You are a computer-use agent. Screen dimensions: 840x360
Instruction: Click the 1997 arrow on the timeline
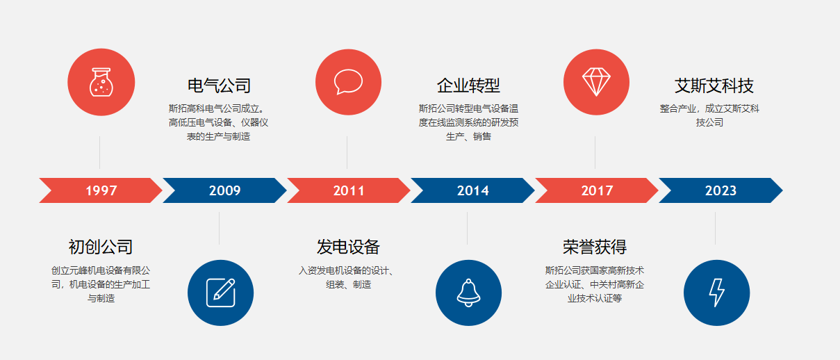click(101, 190)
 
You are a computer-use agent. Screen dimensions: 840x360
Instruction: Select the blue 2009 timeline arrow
click(224, 190)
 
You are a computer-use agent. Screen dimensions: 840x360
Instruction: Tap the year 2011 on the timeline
click(349, 190)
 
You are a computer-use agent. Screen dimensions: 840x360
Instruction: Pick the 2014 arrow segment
click(472, 190)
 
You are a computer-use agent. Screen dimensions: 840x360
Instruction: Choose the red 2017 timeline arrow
click(597, 190)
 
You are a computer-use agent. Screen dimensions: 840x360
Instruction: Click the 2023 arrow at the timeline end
click(720, 190)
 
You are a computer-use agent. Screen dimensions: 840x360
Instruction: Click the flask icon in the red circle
click(101, 82)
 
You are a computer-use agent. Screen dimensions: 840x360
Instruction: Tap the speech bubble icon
click(348, 82)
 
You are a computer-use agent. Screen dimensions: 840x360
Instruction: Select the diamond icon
click(596, 82)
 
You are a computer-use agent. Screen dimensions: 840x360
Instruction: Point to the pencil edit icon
click(221, 293)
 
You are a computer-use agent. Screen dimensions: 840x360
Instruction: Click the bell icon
click(468, 293)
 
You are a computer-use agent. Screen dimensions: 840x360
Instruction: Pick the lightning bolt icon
click(716, 293)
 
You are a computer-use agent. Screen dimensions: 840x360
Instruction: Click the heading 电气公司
click(219, 86)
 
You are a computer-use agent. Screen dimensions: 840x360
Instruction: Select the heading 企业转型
click(468, 86)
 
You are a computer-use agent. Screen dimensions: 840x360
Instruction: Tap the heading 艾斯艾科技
click(714, 86)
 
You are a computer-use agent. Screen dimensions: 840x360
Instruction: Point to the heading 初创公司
click(101, 247)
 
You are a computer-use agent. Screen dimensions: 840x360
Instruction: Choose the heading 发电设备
click(348, 247)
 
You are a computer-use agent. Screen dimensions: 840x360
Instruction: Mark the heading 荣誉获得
click(595, 247)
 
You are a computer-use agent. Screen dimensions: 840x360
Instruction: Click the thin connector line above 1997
click(100, 152)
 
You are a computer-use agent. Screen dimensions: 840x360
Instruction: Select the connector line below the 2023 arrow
click(715, 229)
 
